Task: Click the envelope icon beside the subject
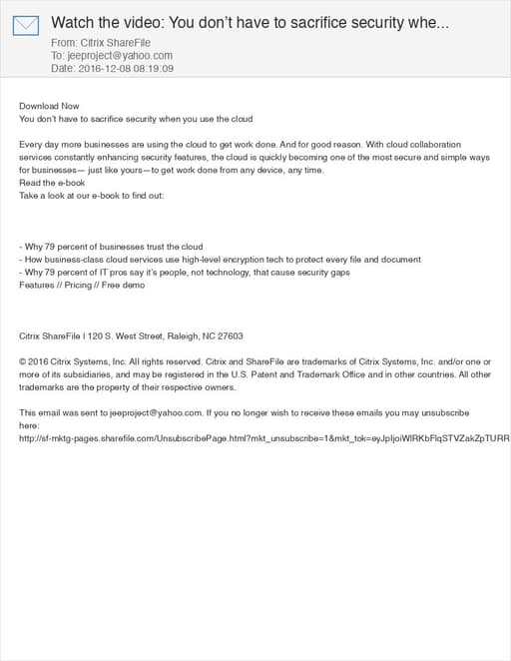pos(27,25)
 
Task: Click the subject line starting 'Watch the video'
pos(250,22)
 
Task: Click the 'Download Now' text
pos(49,106)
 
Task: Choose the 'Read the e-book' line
pos(52,183)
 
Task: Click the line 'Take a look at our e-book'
pos(92,196)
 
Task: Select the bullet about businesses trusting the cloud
pos(111,247)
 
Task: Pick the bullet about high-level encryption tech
pos(220,260)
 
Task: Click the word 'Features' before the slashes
pos(38,286)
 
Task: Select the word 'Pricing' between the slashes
pos(78,286)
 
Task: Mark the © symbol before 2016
pos(23,361)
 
